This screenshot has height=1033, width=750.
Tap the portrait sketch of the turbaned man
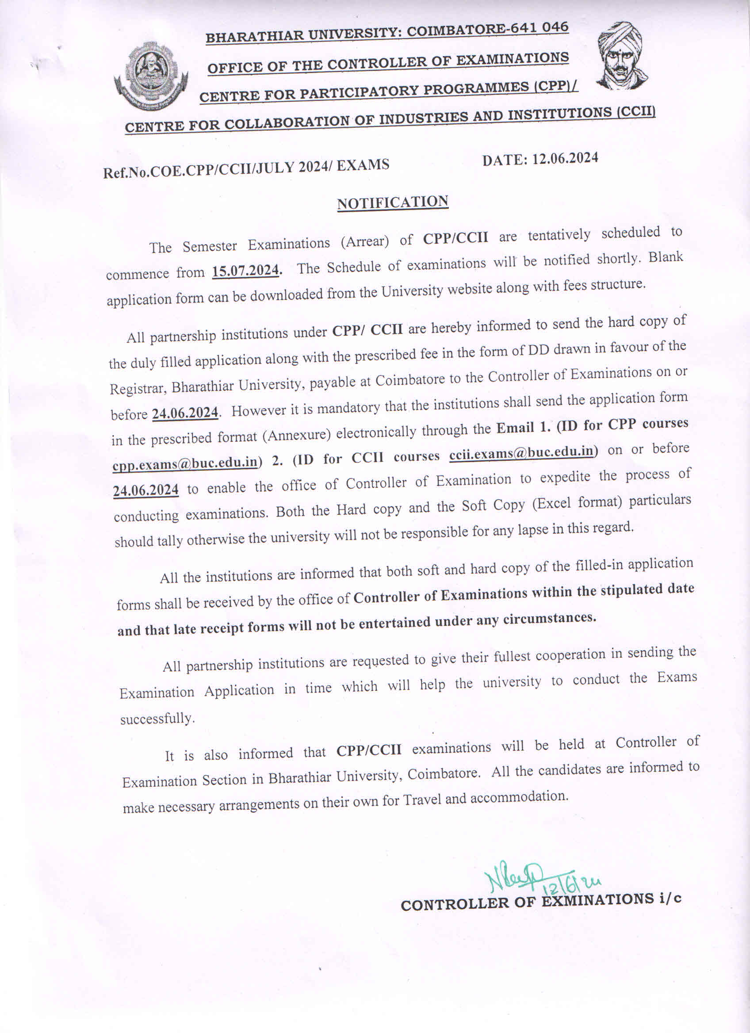coord(622,56)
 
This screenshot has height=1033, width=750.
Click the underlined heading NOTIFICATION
coord(393,203)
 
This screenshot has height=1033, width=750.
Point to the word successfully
coord(157,719)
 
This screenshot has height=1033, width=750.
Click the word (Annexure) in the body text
coord(296,436)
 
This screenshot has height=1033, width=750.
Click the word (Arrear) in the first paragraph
coord(365,241)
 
